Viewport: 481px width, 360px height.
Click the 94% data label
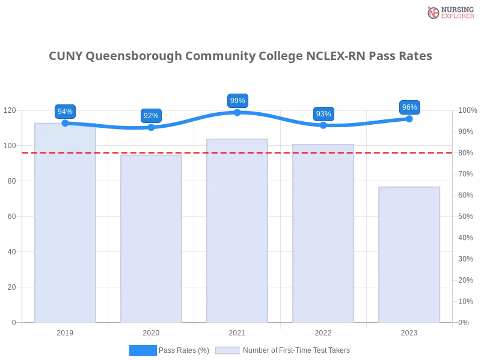coord(64,112)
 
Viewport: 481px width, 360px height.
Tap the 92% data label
coord(151,116)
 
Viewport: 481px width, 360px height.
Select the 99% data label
coord(237,101)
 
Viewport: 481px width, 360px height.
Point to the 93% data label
coord(323,114)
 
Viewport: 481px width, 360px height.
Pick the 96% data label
coord(409,107)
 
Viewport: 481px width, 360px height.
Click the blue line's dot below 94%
coord(65,123)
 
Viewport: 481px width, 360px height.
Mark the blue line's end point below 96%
coord(410,119)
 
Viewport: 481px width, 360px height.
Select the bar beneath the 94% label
coord(65,228)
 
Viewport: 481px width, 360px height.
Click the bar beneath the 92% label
coord(149,240)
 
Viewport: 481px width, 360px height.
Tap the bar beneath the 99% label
coord(236,231)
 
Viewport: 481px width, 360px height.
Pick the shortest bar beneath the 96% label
coord(409,255)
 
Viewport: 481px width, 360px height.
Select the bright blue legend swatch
coord(143,350)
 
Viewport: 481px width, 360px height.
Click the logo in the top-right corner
coord(449,12)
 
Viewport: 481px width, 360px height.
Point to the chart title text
coord(240,57)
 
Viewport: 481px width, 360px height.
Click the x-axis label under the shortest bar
coord(409,331)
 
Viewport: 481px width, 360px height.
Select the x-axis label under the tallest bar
coord(65,331)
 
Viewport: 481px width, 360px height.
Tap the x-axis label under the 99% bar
coord(236,331)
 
